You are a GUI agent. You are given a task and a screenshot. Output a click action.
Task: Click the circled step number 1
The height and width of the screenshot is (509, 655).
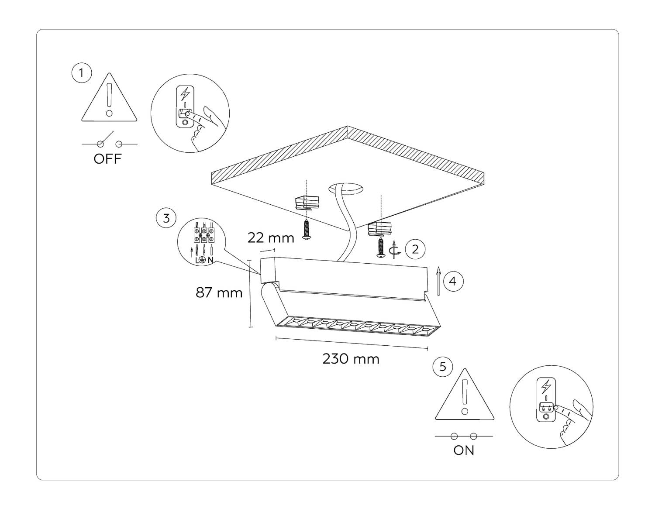(x=81, y=73)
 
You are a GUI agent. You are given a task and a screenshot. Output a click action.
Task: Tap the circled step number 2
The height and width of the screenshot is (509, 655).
(x=415, y=249)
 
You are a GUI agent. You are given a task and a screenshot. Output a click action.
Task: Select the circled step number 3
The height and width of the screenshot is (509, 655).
(x=166, y=218)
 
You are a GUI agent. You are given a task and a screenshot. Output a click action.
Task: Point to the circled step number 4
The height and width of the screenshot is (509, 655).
(x=453, y=281)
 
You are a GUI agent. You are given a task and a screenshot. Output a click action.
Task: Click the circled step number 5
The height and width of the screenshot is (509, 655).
(x=443, y=367)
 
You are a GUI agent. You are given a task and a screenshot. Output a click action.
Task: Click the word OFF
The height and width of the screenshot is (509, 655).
(x=107, y=159)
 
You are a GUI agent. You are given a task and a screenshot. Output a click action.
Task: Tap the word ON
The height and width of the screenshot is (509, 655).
(x=464, y=450)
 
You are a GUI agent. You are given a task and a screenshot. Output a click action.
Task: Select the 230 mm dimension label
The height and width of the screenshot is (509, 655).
(x=351, y=359)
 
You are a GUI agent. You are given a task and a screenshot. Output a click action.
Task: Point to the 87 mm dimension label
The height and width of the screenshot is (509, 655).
(x=219, y=293)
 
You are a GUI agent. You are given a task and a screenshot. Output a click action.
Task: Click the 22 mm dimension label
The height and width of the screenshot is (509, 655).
(x=271, y=238)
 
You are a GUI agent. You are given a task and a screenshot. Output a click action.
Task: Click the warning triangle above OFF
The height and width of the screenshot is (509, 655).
(x=109, y=97)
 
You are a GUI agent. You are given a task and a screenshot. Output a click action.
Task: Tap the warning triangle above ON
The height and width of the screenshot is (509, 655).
(x=465, y=394)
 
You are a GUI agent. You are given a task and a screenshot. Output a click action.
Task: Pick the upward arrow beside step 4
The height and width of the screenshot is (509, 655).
(x=439, y=281)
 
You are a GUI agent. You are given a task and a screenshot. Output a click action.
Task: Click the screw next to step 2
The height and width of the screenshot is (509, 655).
(x=380, y=248)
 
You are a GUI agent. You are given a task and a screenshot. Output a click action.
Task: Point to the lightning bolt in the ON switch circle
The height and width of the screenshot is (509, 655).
(x=546, y=387)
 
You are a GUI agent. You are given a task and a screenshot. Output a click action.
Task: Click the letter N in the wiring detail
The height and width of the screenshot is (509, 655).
(x=210, y=260)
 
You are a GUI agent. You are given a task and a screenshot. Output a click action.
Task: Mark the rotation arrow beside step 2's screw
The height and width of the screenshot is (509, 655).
(x=395, y=250)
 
